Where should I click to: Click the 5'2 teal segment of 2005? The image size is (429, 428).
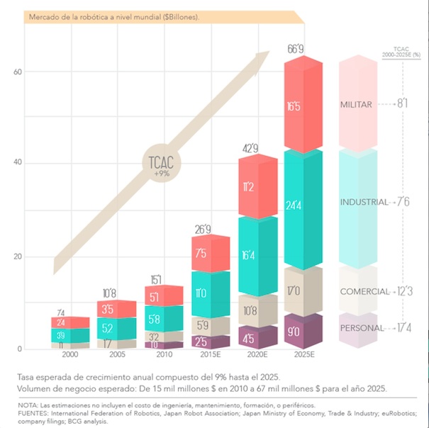116,328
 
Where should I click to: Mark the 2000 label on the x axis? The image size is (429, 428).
69,355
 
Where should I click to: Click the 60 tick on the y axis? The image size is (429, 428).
18,72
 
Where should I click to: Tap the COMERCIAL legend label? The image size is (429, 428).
365,291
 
